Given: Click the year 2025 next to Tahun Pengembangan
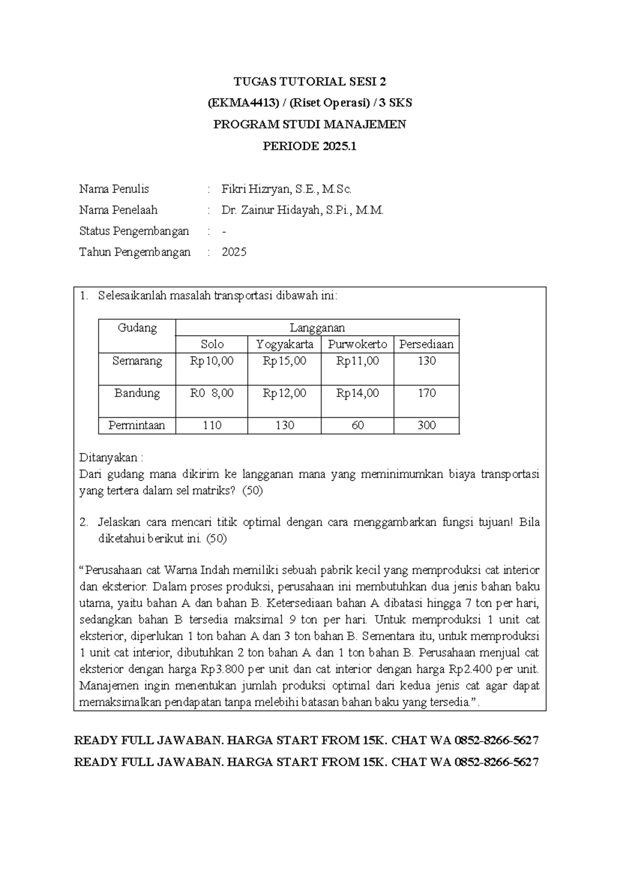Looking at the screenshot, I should pyautogui.click(x=234, y=252).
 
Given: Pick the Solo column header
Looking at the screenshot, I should pyautogui.click(x=212, y=344).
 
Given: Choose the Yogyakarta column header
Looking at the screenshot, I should pyautogui.click(x=284, y=344).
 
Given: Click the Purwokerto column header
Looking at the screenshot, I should pyautogui.click(x=358, y=344).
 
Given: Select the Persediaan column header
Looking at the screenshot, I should pyautogui.click(x=426, y=344).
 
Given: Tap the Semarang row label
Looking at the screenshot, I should pyautogui.click(x=137, y=361).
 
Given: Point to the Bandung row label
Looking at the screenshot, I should pyautogui.click(x=137, y=393).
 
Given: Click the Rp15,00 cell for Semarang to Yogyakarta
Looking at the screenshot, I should pyautogui.click(x=284, y=361).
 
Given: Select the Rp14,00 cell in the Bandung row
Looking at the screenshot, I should pyautogui.click(x=358, y=393).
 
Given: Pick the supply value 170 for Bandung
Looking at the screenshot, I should pyautogui.click(x=427, y=393).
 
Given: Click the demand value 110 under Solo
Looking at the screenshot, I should pyautogui.click(x=212, y=426).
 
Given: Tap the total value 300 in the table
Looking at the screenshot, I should pyautogui.click(x=427, y=426).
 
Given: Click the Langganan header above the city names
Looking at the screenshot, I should pyautogui.click(x=317, y=328).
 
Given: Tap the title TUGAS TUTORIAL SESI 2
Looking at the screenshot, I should pyautogui.click(x=309, y=82).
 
